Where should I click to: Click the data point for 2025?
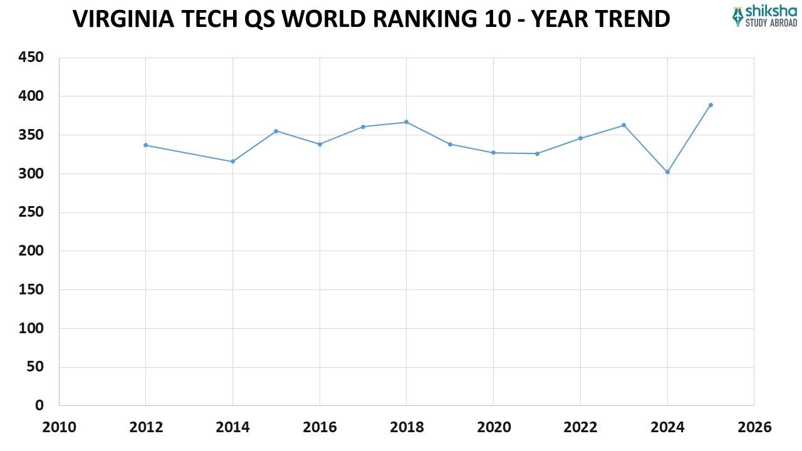pos(711,105)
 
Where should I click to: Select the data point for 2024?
pos(667,172)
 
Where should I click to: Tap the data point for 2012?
pos(146,145)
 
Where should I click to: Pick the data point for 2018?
pos(406,122)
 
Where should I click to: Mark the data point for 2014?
pos(232,161)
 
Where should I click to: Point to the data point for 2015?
pos(276,131)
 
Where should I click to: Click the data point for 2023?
pos(623,125)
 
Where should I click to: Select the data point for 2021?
pos(537,153)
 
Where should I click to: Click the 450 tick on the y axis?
pos(30,58)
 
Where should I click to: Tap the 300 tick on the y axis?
pos(30,174)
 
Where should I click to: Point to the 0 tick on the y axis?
pos(39,405)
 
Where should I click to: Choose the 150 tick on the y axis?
pos(30,289)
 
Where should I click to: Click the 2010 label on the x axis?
pos(59,427)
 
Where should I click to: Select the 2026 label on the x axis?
pos(754,427)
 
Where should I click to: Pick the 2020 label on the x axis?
pos(493,427)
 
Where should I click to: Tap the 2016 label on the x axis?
pos(320,427)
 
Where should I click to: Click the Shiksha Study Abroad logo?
pos(764,16)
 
